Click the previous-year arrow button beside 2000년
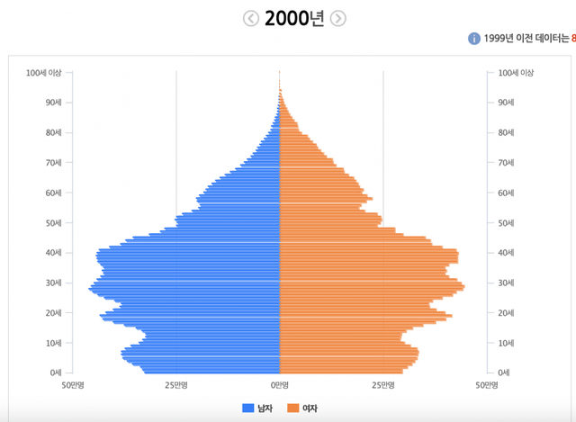pos(251,18)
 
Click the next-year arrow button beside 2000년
pos(337,18)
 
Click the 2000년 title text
pos(294,19)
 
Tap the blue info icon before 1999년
pos(473,39)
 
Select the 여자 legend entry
pos(310,409)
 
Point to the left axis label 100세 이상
pos(44,73)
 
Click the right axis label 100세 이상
pos(516,73)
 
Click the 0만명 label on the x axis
pos(280,385)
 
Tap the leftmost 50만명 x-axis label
pos(72,385)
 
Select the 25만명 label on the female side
pos(383,385)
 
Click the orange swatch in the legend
pos(292,409)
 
